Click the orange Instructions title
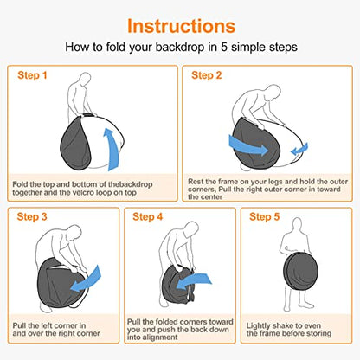[x=182, y=26]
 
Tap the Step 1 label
[x=32, y=75]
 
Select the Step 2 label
[x=206, y=75]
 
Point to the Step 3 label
[x=32, y=216]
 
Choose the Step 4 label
[x=148, y=216]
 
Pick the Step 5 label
[x=264, y=216]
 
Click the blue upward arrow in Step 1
[x=114, y=150]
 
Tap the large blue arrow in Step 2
[x=248, y=146]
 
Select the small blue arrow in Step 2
[x=299, y=150]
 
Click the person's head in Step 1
[x=86, y=79]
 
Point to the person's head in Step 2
[x=273, y=93]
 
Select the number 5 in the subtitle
[x=224, y=47]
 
